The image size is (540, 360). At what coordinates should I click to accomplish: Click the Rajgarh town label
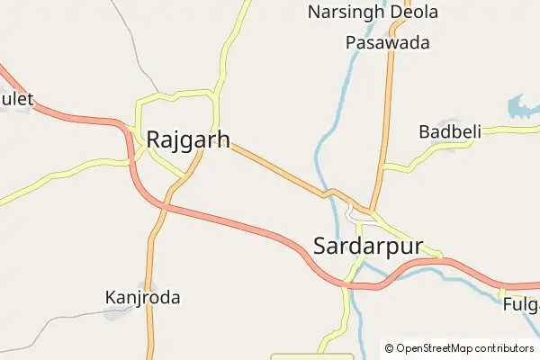pos(187,139)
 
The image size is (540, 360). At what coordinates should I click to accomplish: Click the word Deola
pos(414,13)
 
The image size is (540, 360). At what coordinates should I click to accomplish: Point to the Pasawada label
pos(387,42)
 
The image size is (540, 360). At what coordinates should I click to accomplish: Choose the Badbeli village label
pos(450,131)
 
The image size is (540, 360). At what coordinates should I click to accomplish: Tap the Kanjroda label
pos(142,297)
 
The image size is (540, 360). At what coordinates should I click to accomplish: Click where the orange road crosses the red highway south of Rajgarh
pos(165,207)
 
